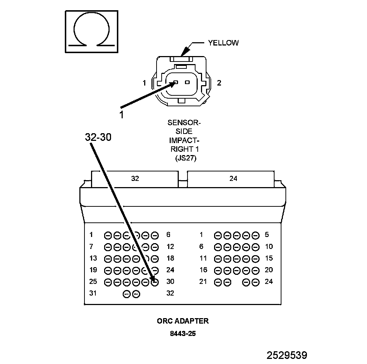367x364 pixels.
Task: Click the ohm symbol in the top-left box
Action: (91, 31)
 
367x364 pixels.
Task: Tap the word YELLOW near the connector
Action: (223, 43)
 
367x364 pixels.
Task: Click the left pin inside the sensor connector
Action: (176, 82)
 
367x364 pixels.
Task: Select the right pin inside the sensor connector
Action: (187, 82)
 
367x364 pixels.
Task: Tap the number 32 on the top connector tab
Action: (135, 178)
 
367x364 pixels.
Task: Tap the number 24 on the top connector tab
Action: (233, 178)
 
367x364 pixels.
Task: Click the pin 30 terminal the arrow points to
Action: (154, 282)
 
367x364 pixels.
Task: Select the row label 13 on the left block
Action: (93, 258)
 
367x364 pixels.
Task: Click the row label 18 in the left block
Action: (170, 258)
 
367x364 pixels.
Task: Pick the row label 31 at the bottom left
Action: (93, 293)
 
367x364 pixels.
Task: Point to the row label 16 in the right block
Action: (203, 270)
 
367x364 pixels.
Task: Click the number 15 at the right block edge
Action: (269, 258)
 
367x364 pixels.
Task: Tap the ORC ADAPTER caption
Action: (183, 321)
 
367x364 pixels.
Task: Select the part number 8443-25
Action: (183, 333)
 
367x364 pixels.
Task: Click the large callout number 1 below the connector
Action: (122, 115)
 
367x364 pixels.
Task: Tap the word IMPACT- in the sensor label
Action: (184, 140)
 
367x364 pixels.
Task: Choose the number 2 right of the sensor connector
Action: (219, 83)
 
